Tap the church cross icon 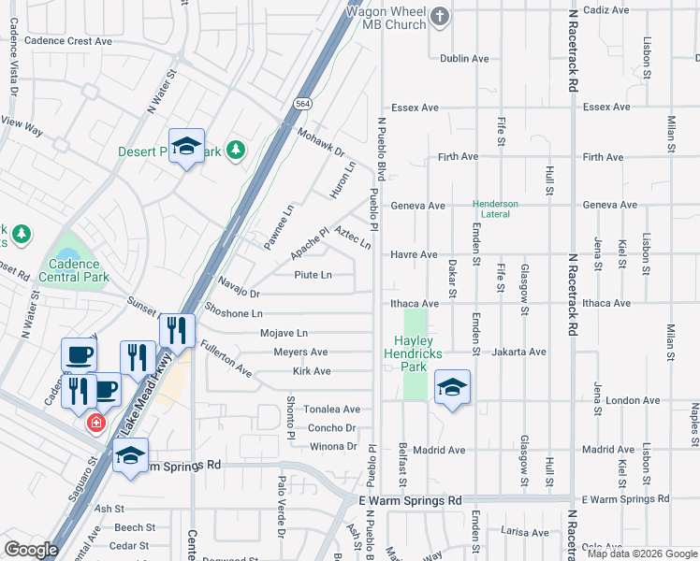point(441,15)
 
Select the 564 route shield point(301,103)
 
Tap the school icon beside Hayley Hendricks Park point(452,388)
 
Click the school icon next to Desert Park point(187,146)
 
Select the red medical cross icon point(95,424)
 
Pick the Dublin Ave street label point(465,58)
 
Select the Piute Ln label point(313,275)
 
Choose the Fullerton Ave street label point(226,360)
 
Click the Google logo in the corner point(31,550)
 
